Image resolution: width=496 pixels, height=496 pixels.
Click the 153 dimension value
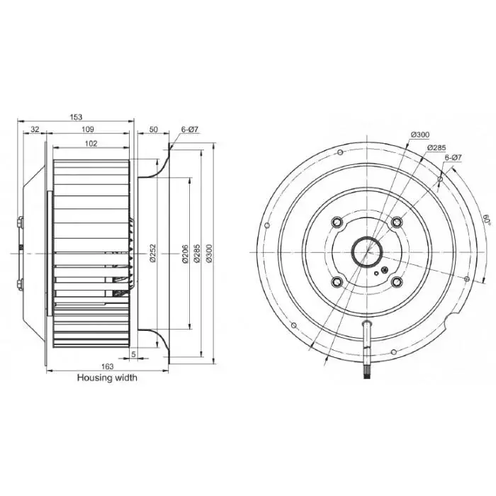(76, 117)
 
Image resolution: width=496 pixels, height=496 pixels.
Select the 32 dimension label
(35, 129)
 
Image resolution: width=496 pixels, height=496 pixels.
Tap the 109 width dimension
(88, 129)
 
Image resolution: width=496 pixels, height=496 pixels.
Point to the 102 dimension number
(91, 144)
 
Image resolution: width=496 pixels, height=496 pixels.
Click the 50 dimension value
(153, 130)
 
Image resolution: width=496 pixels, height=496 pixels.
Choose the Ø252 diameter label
(153, 253)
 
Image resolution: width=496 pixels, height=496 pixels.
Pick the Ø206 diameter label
(186, 254)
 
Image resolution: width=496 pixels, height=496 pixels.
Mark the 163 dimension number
(107, 366)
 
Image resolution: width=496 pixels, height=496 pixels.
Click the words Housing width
(107, 378)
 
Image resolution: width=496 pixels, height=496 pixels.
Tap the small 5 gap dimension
(133, 354)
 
